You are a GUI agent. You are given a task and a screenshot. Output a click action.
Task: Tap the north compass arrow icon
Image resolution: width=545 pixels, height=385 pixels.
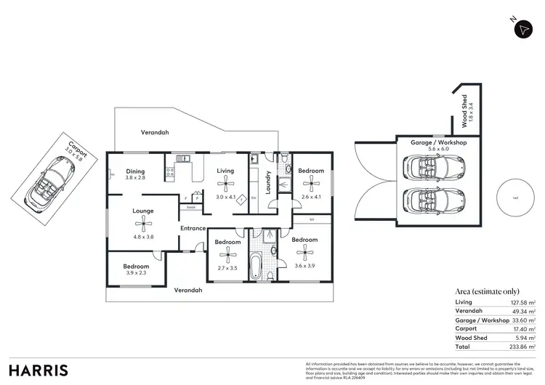pos(523,29)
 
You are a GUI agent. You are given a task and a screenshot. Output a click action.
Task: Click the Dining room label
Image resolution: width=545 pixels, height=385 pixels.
pos(135,171)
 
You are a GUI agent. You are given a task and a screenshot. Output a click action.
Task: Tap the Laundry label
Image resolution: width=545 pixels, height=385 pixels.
pos(268,184)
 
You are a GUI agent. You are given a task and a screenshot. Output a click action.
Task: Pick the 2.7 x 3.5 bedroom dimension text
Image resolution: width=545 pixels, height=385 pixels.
pos(228,268)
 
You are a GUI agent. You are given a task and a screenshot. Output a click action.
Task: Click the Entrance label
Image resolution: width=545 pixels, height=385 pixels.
pos(193,229)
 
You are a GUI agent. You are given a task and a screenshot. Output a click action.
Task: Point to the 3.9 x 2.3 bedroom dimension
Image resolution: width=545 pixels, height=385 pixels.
pos(136,273)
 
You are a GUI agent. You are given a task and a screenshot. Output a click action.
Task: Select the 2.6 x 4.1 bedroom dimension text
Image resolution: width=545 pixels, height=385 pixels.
pos(310,196)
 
